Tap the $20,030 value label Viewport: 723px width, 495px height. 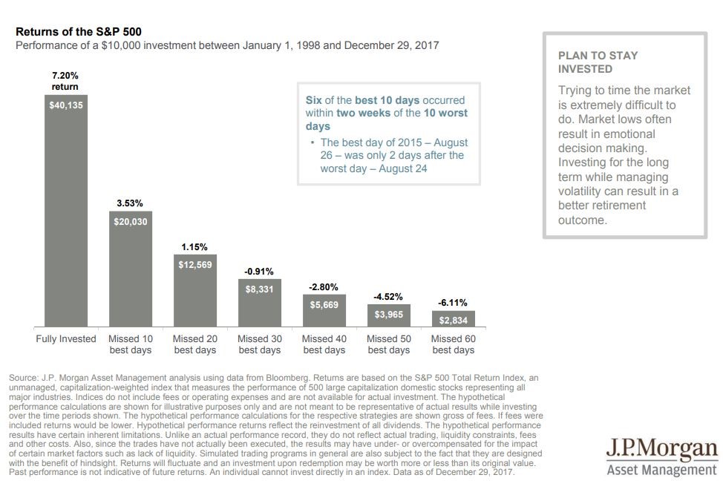click(130, 221)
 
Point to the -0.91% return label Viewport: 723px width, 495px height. click(259, 272)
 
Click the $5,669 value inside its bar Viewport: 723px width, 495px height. click(324, 305)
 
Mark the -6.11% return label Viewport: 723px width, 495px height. click(453, 303)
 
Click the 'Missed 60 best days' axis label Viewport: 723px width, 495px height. click(453, 344)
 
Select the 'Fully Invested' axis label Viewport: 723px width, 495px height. click(66, 339)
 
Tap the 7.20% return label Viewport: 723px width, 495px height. click(65, 81)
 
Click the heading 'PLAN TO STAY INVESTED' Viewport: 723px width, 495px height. click(598, 62)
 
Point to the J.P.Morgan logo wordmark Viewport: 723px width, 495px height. click(662, 450)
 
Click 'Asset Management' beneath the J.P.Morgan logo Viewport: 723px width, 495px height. click(662, 470)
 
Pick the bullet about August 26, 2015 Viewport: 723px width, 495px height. click(393, 155)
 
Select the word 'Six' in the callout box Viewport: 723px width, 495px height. click(314, 100)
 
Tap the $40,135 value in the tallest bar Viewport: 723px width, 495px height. click(66, 105)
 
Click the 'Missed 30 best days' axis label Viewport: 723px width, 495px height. click(259, 344)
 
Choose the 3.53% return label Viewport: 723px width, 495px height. click(130, 202)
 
